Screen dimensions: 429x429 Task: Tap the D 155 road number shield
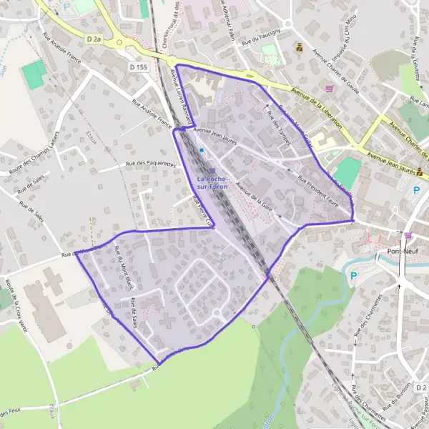click(139, 66)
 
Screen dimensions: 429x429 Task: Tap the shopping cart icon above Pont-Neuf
click(408, 235)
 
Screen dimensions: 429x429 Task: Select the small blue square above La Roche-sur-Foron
click(202, 150)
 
